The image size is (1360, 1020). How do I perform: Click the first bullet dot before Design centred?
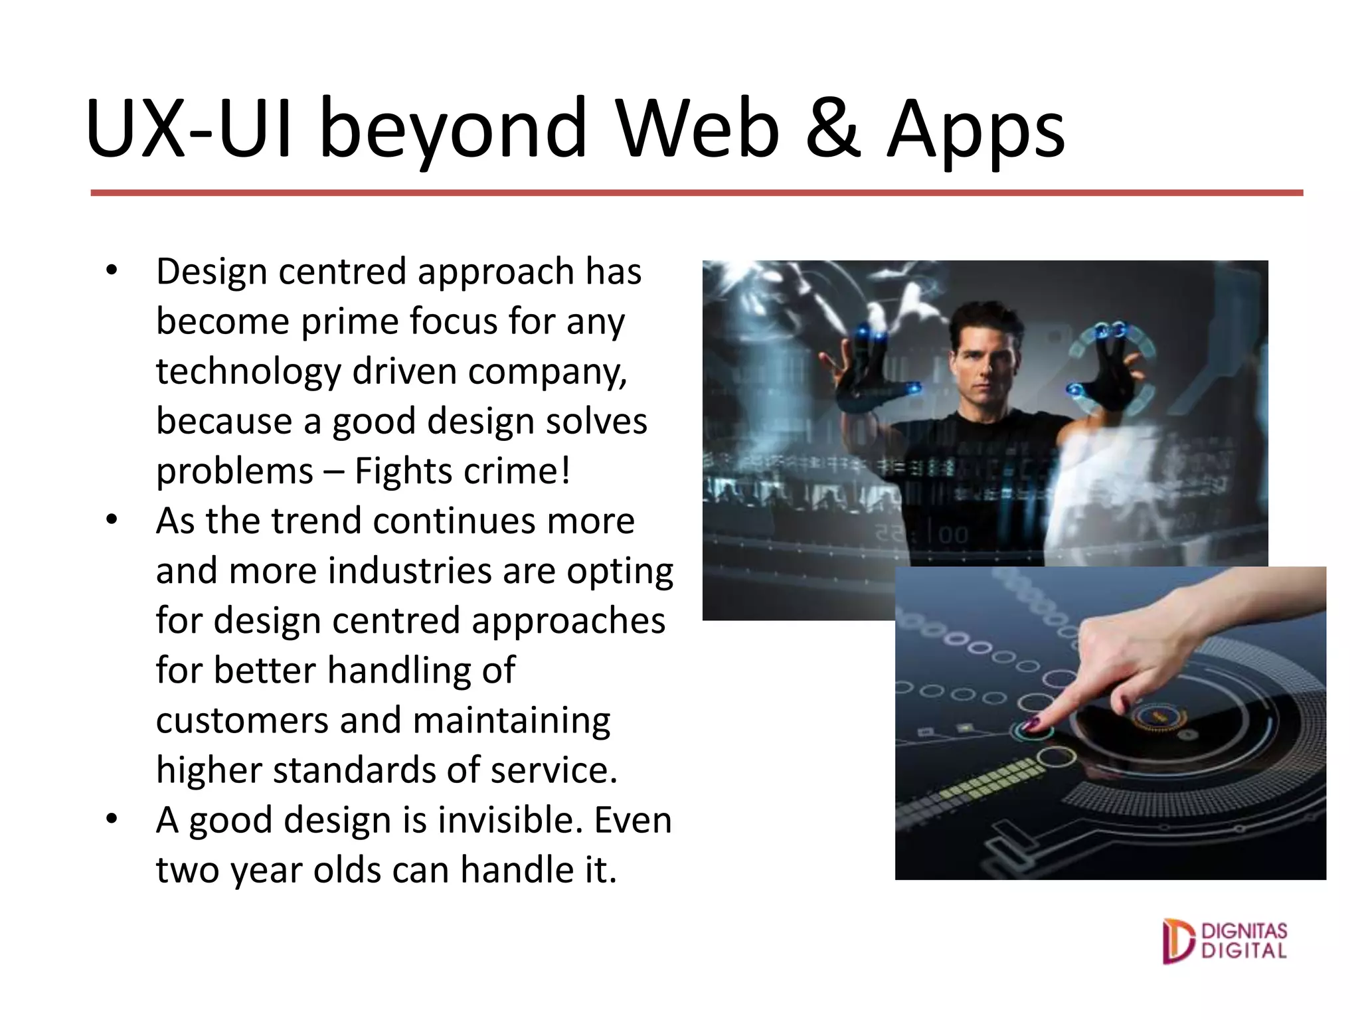point(112,270)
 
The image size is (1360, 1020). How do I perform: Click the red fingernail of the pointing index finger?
point(1031,723)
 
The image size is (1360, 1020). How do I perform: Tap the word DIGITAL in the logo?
point(1244,950)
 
